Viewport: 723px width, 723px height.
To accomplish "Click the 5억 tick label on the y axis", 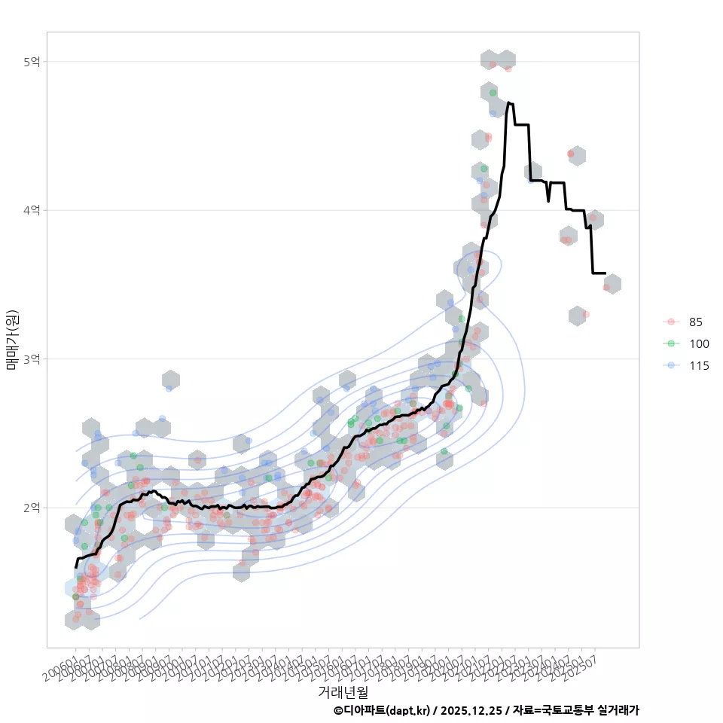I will pos(32,62).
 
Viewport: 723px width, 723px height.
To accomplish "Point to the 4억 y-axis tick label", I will pos(32,210).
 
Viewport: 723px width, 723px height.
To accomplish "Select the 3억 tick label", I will pos(32,358).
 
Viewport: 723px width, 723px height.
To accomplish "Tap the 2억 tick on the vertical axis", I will pos(32,508).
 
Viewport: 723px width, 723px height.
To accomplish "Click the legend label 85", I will pos(695,322).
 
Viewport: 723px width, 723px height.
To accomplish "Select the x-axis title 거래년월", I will pos(343,691).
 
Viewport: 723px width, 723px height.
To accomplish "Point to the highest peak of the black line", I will pos(510,102).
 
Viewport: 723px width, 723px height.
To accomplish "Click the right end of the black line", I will pos(605,273).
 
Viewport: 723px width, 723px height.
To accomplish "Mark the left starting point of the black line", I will pos(75,566).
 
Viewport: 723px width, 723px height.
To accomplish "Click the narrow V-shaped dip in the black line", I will pos(548,201).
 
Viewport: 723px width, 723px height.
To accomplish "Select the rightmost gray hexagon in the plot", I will pos(612,284).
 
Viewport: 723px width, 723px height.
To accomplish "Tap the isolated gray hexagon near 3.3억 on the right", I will pos(578,316).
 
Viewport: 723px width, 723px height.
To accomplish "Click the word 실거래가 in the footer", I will pos(618,710).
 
